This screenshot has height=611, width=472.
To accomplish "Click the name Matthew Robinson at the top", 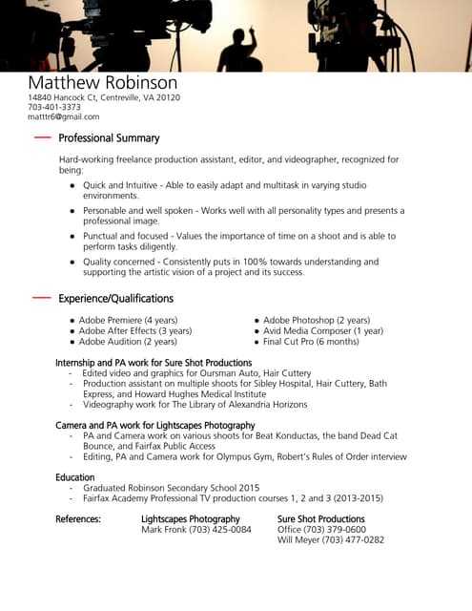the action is tap(102, 83).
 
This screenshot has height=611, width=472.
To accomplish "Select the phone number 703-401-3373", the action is tap(54, 107).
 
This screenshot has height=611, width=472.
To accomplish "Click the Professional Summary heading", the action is tap(109, 138).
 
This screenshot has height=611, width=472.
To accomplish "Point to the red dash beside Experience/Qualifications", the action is tap(41, 298).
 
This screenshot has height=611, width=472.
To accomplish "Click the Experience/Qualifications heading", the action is tap(115, 298).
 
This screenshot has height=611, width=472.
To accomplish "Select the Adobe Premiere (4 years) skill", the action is tap(128, 320).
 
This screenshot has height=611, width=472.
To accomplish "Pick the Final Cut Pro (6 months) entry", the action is tap(311, 341).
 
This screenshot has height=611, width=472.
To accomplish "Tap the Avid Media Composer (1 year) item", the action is tap(323, 330).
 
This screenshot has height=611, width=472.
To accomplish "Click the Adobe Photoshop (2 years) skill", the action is tap(317, 320).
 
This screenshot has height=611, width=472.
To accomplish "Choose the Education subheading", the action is tap(74, 476).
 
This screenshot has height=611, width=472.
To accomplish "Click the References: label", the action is tap(78, 519).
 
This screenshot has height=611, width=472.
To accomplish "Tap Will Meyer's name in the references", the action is tap(298, 539).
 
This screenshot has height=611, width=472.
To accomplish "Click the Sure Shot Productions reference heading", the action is tap(320, 519).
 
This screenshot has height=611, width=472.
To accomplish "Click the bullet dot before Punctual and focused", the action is tap(72, 236).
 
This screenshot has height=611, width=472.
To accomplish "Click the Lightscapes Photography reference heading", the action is tap(190, 519).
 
